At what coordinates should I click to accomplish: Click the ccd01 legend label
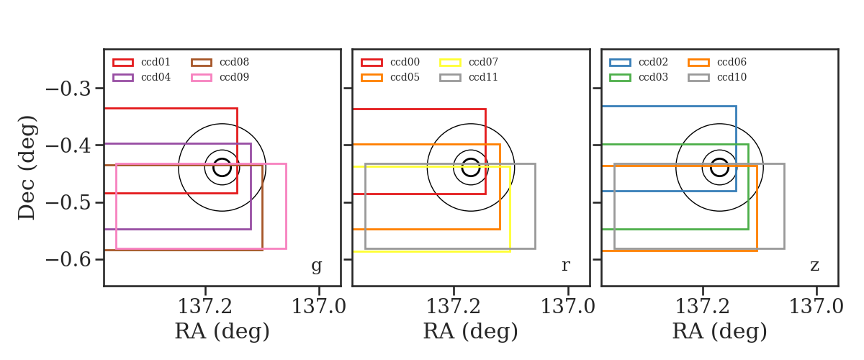pos(156,62)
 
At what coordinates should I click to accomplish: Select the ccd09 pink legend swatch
pos(202,78)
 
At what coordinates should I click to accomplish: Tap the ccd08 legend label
pos(234,62)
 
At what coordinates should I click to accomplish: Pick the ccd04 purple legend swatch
pos(123,78)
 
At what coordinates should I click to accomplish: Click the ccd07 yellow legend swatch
pos(450,63)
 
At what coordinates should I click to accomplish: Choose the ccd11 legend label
pos(483,77)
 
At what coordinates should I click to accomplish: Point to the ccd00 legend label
pos(405,62)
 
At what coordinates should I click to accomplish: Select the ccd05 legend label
pos(405,77)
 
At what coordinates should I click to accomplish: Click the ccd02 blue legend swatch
pos(620,63)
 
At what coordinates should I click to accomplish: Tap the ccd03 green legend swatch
pos(620,78)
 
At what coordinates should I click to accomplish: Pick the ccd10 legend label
pos(732,77)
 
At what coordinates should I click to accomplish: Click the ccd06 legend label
pos(732,62)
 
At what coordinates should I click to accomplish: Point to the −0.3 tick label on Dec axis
pos(68,89)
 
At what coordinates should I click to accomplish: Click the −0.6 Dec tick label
pos(68,260)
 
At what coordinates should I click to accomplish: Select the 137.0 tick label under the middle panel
pos(568,307)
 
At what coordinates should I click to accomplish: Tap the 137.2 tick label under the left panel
pos(204,307)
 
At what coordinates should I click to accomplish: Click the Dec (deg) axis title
pos(27,168)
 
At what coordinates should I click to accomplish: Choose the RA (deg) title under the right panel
pos(719,331)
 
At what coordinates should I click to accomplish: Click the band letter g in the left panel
pos(317,266)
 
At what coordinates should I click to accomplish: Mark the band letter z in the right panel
pos(814,266)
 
